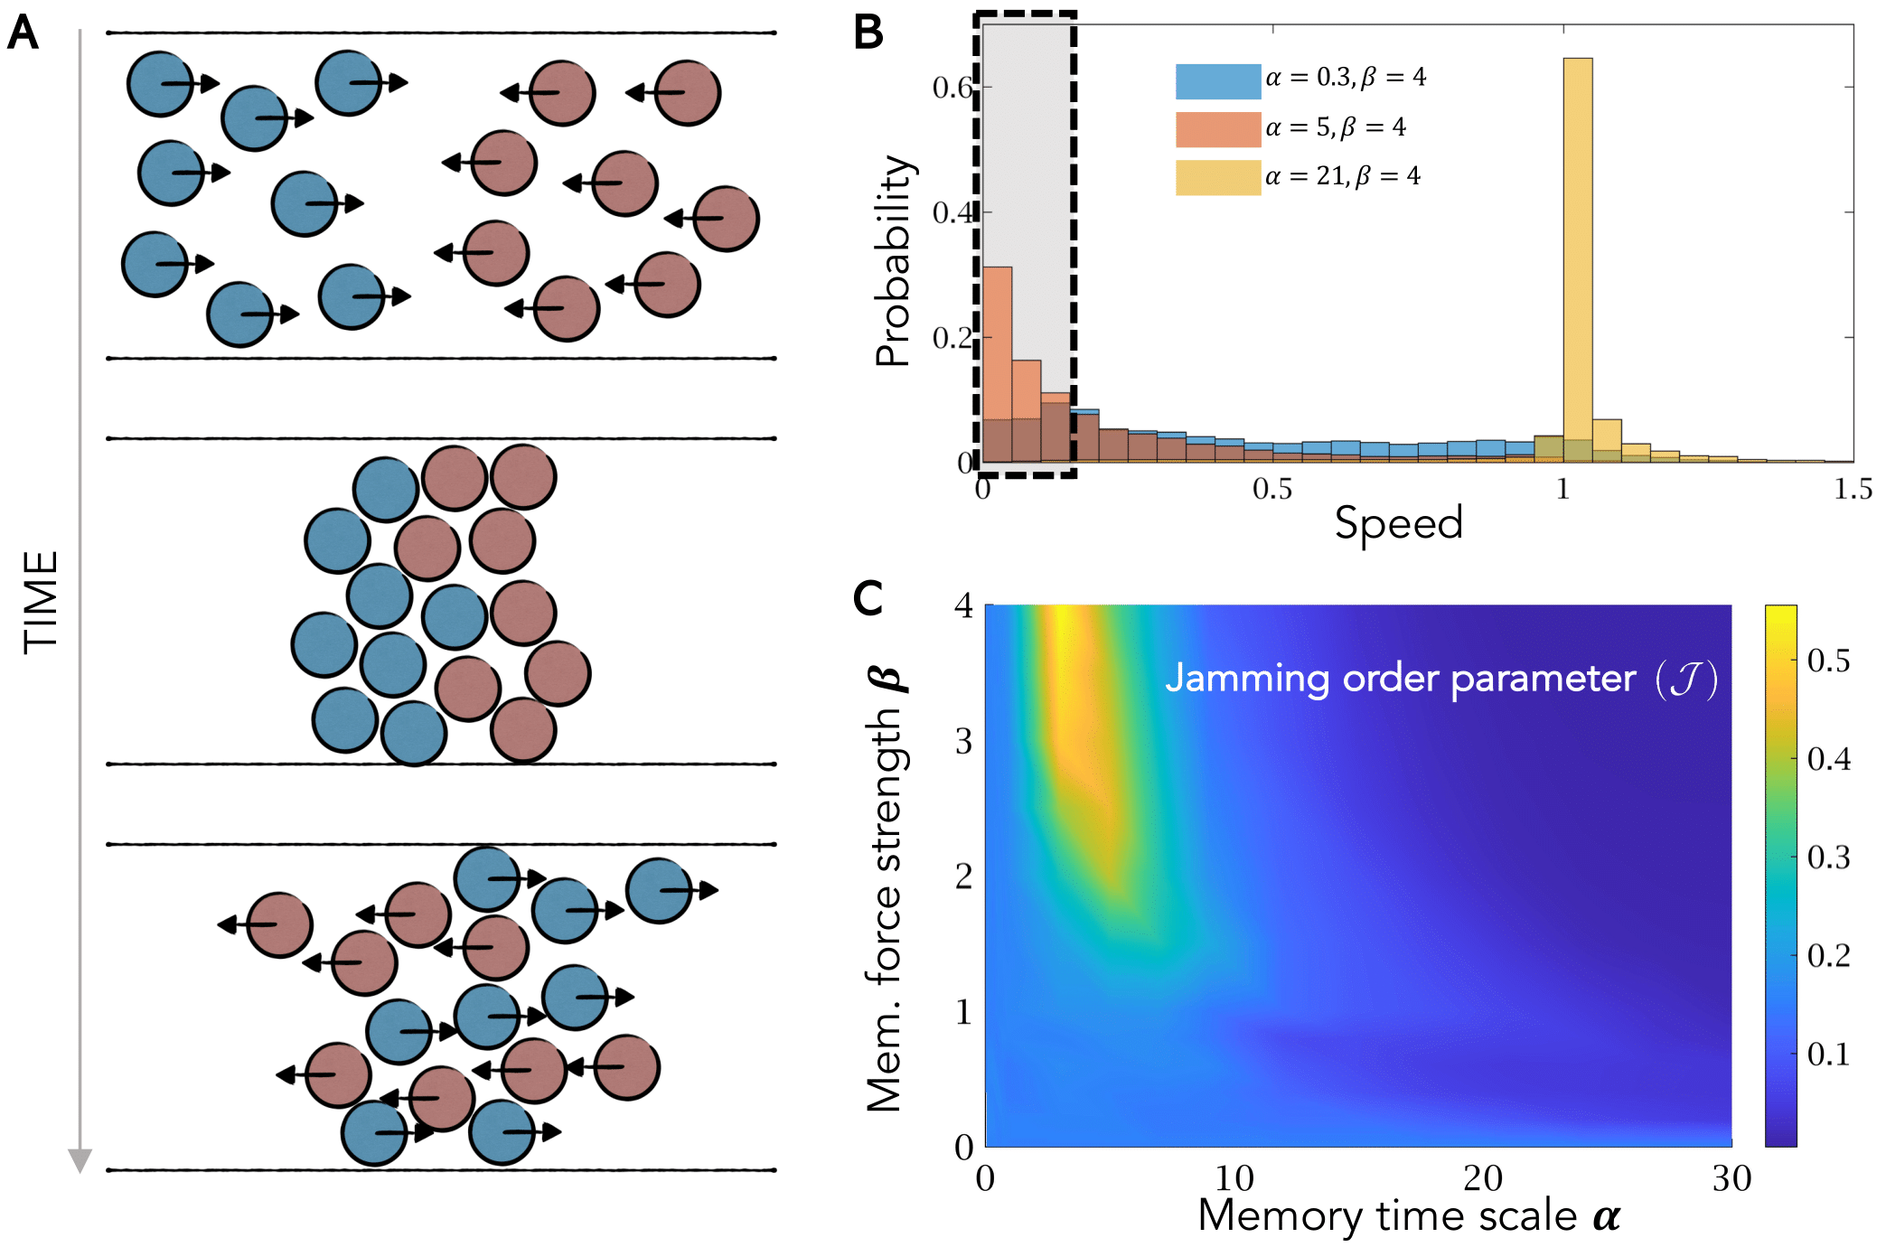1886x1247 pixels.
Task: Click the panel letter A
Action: [x=23, y=33]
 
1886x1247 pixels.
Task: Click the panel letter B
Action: [x=868, y=33]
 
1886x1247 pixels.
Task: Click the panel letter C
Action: [x=868, y=598]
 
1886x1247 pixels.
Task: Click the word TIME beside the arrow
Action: [x=42, y=602]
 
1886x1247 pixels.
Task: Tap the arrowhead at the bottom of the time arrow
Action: [x=80, y=1160]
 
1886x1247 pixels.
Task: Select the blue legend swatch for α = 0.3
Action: [x=1217, y=81]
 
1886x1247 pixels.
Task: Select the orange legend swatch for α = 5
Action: [x=1217, y=129]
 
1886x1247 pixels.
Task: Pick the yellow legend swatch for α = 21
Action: [x=1217, y=177]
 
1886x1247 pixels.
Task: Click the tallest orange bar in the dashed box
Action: [x=997, y=361]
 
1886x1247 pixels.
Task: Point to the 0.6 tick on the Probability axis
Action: [x=952, y=88]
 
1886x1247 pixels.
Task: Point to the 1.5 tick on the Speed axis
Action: [x=1853, y=490]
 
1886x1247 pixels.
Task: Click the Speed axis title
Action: [x=1398, y=523]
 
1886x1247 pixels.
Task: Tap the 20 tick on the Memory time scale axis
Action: [x=1483, y=1178]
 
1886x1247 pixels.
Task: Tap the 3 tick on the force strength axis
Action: [x=964, y=741]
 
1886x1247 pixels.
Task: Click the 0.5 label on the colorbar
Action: [x=1828, y=661]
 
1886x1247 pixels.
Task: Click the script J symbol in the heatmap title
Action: [x=1685, y=680]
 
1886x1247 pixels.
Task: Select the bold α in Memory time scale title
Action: [x=1606, y=1216]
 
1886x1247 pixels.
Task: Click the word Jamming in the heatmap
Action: [x=1247, y=680]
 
